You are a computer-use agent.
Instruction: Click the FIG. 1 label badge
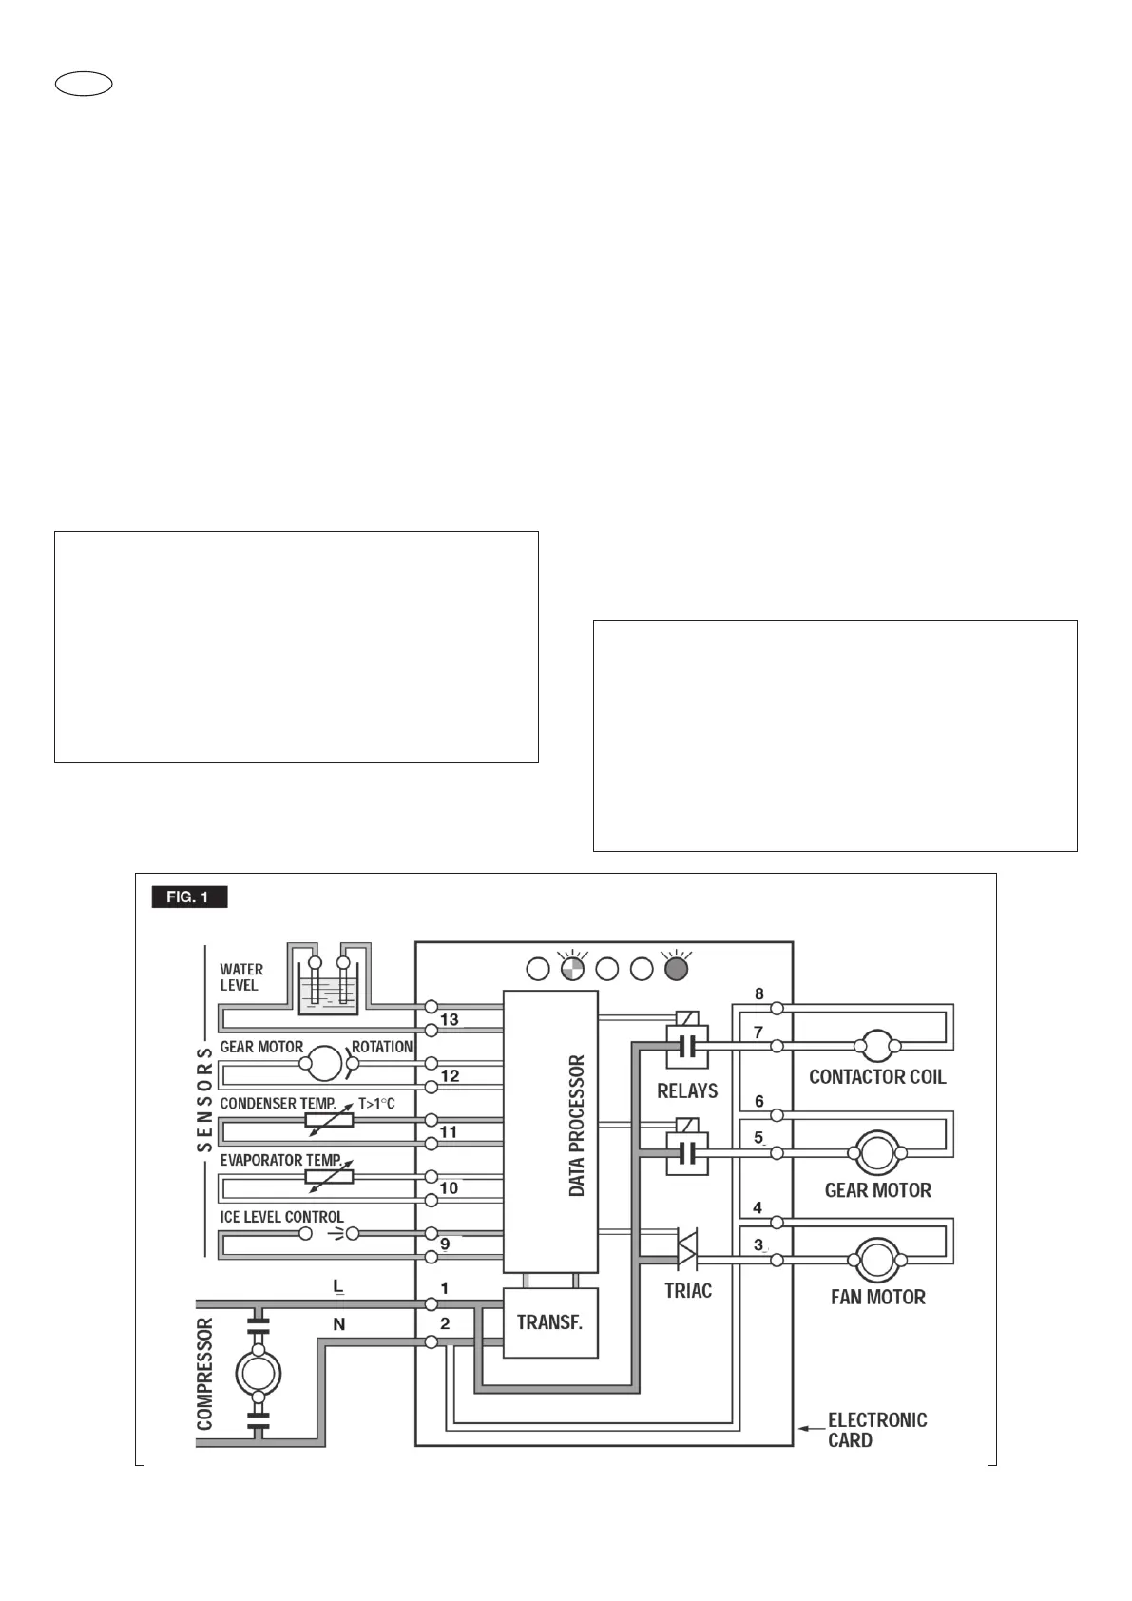tap(189, 897)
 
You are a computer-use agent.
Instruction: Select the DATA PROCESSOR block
tap(550, 1130)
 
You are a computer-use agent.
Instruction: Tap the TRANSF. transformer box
tap(550, 1322)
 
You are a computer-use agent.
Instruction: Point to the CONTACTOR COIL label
tap(877, 1077)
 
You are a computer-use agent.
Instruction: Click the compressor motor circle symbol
tap(258, 1372)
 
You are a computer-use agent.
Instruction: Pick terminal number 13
tap(450, 1019)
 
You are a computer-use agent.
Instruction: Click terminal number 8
tap(758, 994)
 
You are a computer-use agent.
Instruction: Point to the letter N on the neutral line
tap(339, 1324)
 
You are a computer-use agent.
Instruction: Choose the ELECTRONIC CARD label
tap(876, 1430)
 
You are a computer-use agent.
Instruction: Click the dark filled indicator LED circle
tap(676, 969)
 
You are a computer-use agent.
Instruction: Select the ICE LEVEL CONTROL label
tap(281, 1217)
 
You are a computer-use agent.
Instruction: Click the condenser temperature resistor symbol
tap(329, 1121)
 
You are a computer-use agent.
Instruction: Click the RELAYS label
tap(687, 1090)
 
